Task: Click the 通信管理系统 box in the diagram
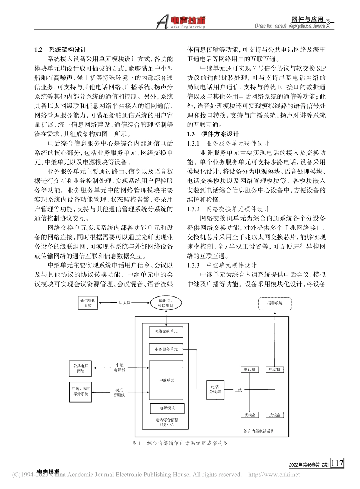[x=88, y=303]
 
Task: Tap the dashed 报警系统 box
[x=275, y=303]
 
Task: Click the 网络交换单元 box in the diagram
[x=166, y=332]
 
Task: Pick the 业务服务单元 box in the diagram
[x=166, y=349]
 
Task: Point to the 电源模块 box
[x=167, y=408]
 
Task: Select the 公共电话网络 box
[x=81, y=368]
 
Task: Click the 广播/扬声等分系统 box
[x=81, y=391]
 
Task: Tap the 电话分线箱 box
[x=215, y=389]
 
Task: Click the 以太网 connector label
[x=125, y=303]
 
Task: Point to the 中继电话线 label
[x=119, y=368]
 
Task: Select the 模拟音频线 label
[x=119, y=392]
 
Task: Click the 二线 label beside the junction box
[x=238, y=390]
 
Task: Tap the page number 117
[x=337, y=463]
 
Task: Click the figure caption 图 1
[x=136, y=443]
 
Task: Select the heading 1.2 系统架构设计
[x=61, y=50]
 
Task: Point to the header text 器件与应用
[x=308, y=19]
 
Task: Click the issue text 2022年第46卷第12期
[x=308, y=465]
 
